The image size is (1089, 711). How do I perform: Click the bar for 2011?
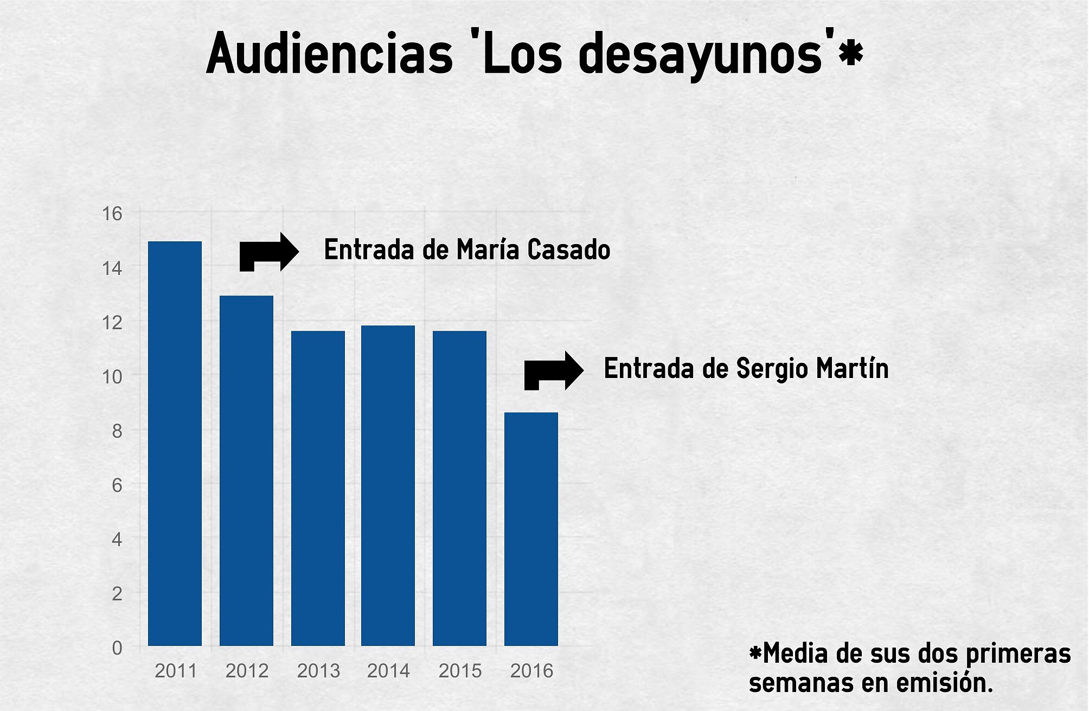coord(175,444)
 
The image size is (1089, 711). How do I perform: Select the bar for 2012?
coord(246,471)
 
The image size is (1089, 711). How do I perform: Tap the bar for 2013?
coord(318,488)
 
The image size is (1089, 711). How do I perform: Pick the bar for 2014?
coord(388,485)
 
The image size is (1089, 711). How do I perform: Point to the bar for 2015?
coord(459,488)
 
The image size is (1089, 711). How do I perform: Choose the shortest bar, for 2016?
coord(531,529)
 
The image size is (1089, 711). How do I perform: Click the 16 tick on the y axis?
coord(112,214)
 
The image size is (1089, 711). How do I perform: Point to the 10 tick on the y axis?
coord(112,376)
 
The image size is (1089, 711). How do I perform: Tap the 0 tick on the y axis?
coord(117,648)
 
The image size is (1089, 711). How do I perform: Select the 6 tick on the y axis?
coord(117,485)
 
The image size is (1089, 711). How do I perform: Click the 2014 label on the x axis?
coord(388,671)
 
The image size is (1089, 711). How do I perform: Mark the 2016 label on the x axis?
coord(531,671)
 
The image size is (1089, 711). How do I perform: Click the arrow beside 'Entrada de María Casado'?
coord(269,252)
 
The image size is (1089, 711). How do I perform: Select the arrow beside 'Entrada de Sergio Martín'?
coord(553,371)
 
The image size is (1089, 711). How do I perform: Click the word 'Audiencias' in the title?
coord(329,54)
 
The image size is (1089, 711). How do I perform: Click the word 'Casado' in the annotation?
coord(569,250)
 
